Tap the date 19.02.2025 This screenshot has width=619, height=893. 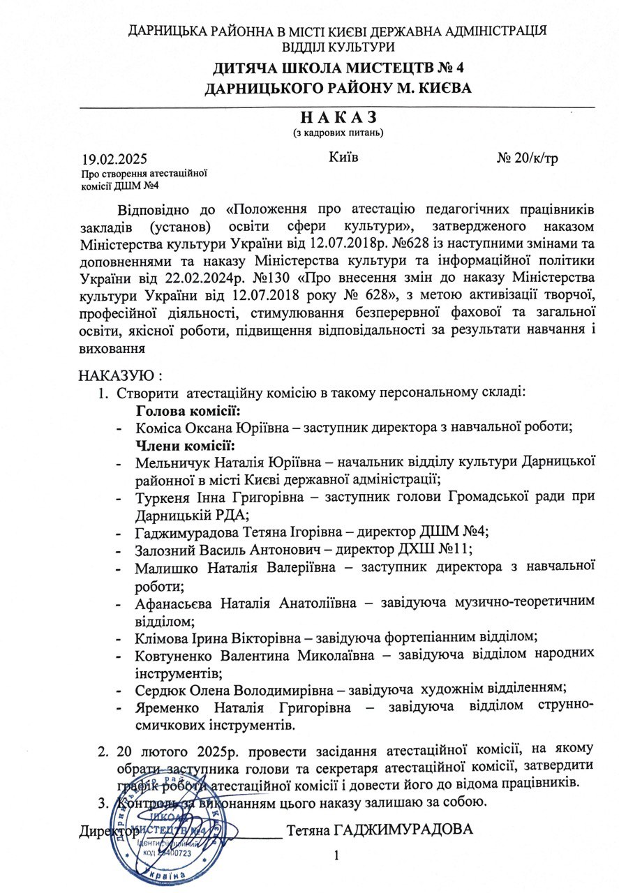pyautogui.click(x=114, y=159)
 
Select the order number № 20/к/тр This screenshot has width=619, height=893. pyautogui.click(x=527, y=158)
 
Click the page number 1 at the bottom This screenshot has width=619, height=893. pyautogui.click(x=336, y=855)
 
